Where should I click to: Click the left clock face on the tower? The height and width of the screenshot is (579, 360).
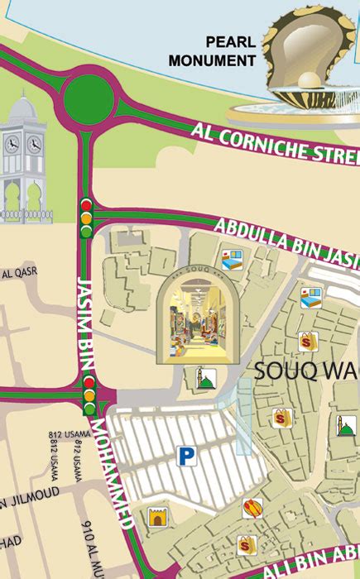coord(12,145)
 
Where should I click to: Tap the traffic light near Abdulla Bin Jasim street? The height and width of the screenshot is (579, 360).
coord(85,217)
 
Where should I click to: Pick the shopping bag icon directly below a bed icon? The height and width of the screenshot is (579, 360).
coord(308,339)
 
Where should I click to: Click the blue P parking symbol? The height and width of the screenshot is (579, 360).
coord(181,454)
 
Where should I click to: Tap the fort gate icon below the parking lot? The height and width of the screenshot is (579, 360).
coord(157,518)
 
